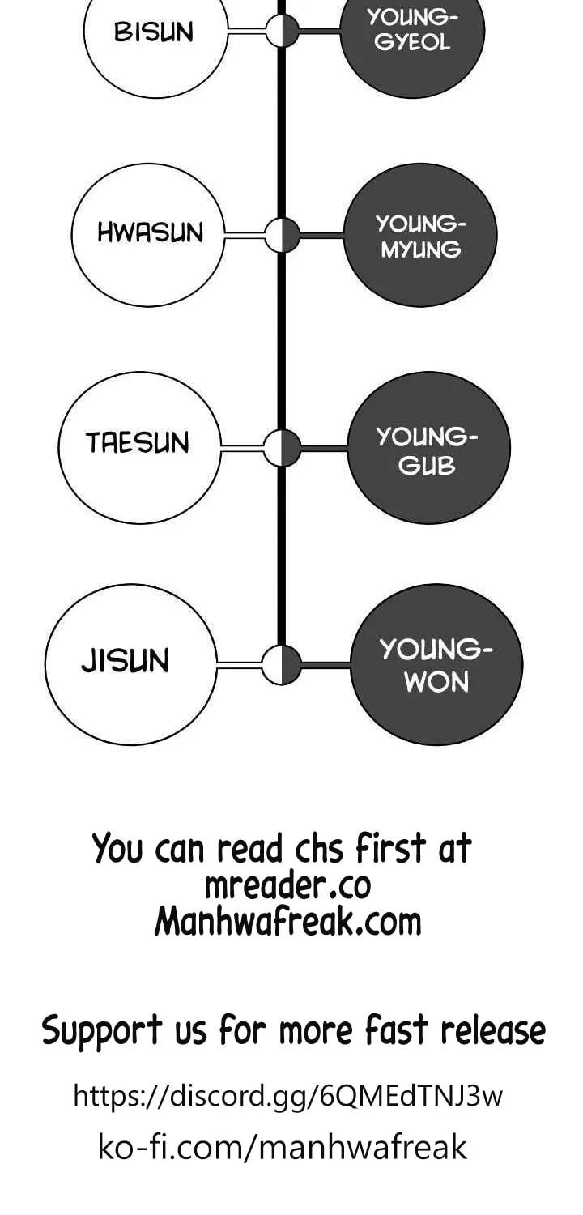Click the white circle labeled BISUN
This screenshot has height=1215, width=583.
[155, 32]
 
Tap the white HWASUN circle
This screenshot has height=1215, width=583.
[148, 234]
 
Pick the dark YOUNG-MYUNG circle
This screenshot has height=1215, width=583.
[420, 236]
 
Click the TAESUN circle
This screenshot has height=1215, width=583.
[140, 447]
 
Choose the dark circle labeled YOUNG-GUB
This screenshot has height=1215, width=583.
[428, 447]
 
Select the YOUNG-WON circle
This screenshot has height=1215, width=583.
[436, 664]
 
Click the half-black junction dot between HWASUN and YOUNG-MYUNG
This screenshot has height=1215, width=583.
[282, 235]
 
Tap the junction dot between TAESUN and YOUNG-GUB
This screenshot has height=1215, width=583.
[282, 447]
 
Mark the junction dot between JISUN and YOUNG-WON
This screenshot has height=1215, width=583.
[282, 664]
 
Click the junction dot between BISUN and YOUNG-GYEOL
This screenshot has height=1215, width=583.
[282, 31]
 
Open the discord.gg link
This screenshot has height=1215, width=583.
[288, 1095]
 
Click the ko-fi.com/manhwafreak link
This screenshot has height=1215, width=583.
[283, 1146]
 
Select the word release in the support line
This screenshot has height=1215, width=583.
[493, 1030]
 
